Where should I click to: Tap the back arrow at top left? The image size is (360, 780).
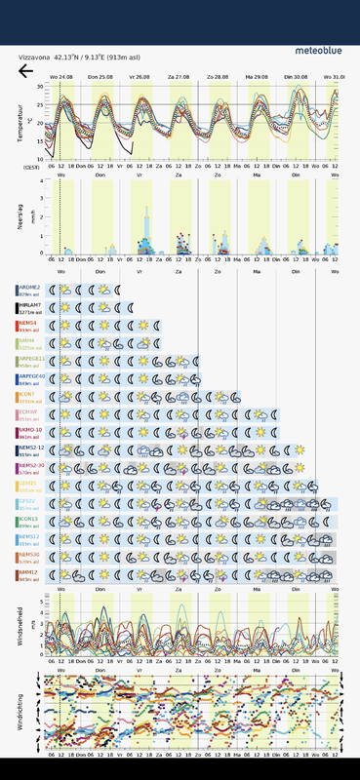(x=25, y=70)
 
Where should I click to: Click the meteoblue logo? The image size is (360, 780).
(x=318, y=49)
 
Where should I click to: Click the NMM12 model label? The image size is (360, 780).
(x=28, y=571)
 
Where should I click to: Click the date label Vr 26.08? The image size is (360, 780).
(x=139, y=76)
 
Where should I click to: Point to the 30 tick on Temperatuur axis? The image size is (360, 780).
(x=40, y=87)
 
